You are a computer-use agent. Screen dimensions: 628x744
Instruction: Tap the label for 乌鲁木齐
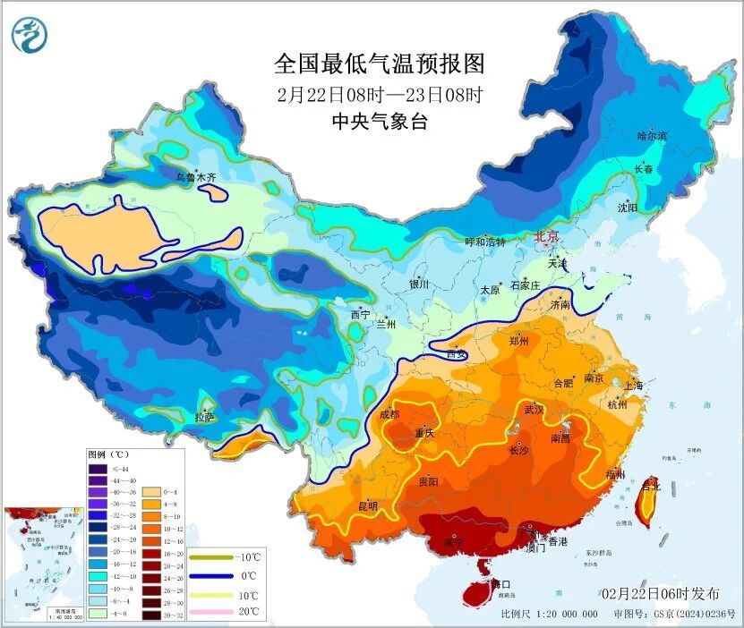pos(195,178)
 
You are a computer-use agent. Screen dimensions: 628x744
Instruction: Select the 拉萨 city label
pos(205,417)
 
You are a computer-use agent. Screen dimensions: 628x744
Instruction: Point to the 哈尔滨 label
pos(652,135)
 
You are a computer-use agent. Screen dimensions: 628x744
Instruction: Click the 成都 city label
pos(389,414)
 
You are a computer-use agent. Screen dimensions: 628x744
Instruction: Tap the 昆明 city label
pos(367,506)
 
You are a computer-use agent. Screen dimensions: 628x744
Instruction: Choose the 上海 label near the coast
pos(634,386)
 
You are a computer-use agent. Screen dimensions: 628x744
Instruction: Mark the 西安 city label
pos(456,354)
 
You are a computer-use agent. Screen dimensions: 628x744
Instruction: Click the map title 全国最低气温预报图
pos(379,64)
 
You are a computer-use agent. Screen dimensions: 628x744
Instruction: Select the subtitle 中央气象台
pos(379,122)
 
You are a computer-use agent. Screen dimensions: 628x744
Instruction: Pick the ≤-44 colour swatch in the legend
pos(97,468)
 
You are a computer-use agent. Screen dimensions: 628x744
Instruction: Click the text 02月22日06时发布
pos(660,594)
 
